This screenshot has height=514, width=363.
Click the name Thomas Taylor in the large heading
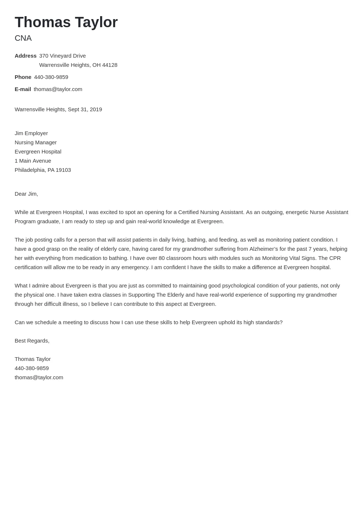pyautogui.click(x=66, y=22)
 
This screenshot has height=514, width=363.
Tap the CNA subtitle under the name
pyautogui.click(x=23, y=38)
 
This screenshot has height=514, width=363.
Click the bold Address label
pyautogui.click(x=25, y=56)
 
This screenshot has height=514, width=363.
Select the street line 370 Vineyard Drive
pyautogui.click(x=62, y=56)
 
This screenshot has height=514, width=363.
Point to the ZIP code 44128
pyautogui.click(x=110, y=65)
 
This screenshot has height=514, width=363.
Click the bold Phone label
pyautogui.click(x=23, y=77)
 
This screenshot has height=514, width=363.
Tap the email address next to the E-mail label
pyautogui.click(x=58, y=89)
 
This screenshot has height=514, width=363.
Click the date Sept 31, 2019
pyautogui.click(x=85, y=109)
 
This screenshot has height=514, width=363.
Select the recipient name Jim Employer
pyautogui.click(x=31, y=133)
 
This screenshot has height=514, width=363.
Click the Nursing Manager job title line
pyautogui.click(x=36, y=142)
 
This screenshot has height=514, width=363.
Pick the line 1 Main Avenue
pyautogui.click(x=33, y=161)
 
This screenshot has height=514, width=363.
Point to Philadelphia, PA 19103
pyautogui.click(x=43, y=170)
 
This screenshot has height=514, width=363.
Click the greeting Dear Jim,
pyautogui.click(x=26, y=194)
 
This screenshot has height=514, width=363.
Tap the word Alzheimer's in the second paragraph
pyautogui.click(x=264, y=249)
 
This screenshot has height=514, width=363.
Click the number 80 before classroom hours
pyautogui.click(x=162, y=258)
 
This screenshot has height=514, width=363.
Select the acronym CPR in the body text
pyautogui.click(x=335, y=258)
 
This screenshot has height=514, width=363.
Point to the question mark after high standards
pyautogui.click(x=281, y=322)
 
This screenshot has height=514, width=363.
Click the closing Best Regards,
pyautogui.click(x=32, y=341)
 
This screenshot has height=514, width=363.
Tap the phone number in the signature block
pyautogui.click(x=32, y=368)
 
